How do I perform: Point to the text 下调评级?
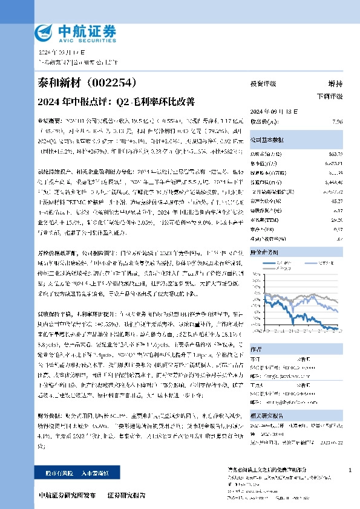330,96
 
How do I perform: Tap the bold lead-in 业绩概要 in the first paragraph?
49,121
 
